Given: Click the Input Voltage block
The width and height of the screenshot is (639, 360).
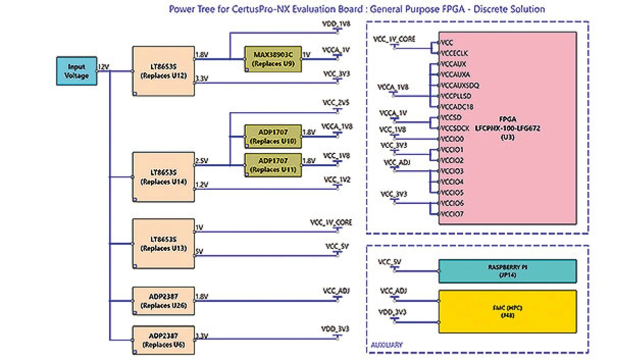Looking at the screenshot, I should click(76, 71).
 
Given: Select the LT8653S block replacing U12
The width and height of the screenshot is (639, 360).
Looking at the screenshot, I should click(163, 71).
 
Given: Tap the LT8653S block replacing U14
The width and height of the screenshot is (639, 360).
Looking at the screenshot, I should click(163, 177).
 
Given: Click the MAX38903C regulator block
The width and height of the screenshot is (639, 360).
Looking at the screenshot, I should click(273, 59).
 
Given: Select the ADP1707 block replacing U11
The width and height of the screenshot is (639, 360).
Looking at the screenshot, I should click(273, 165).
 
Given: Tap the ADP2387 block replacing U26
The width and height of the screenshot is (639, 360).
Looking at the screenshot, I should click(163, 301).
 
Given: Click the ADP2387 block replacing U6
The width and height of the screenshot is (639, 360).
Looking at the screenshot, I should click(163, 340).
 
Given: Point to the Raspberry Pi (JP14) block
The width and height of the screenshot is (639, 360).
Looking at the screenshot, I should click(507, 271).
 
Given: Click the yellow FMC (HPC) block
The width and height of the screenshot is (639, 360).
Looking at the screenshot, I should click(507, 312).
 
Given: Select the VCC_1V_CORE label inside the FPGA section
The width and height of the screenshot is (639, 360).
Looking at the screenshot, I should click(394, 38).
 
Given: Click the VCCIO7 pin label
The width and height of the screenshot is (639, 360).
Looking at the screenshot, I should click(453, 214).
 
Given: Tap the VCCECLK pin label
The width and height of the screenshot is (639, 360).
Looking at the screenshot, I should click(454, 52).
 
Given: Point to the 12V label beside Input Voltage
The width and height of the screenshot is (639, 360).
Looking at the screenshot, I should click(104, 66).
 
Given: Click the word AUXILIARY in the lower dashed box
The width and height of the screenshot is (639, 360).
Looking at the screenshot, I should click(387, 345).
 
